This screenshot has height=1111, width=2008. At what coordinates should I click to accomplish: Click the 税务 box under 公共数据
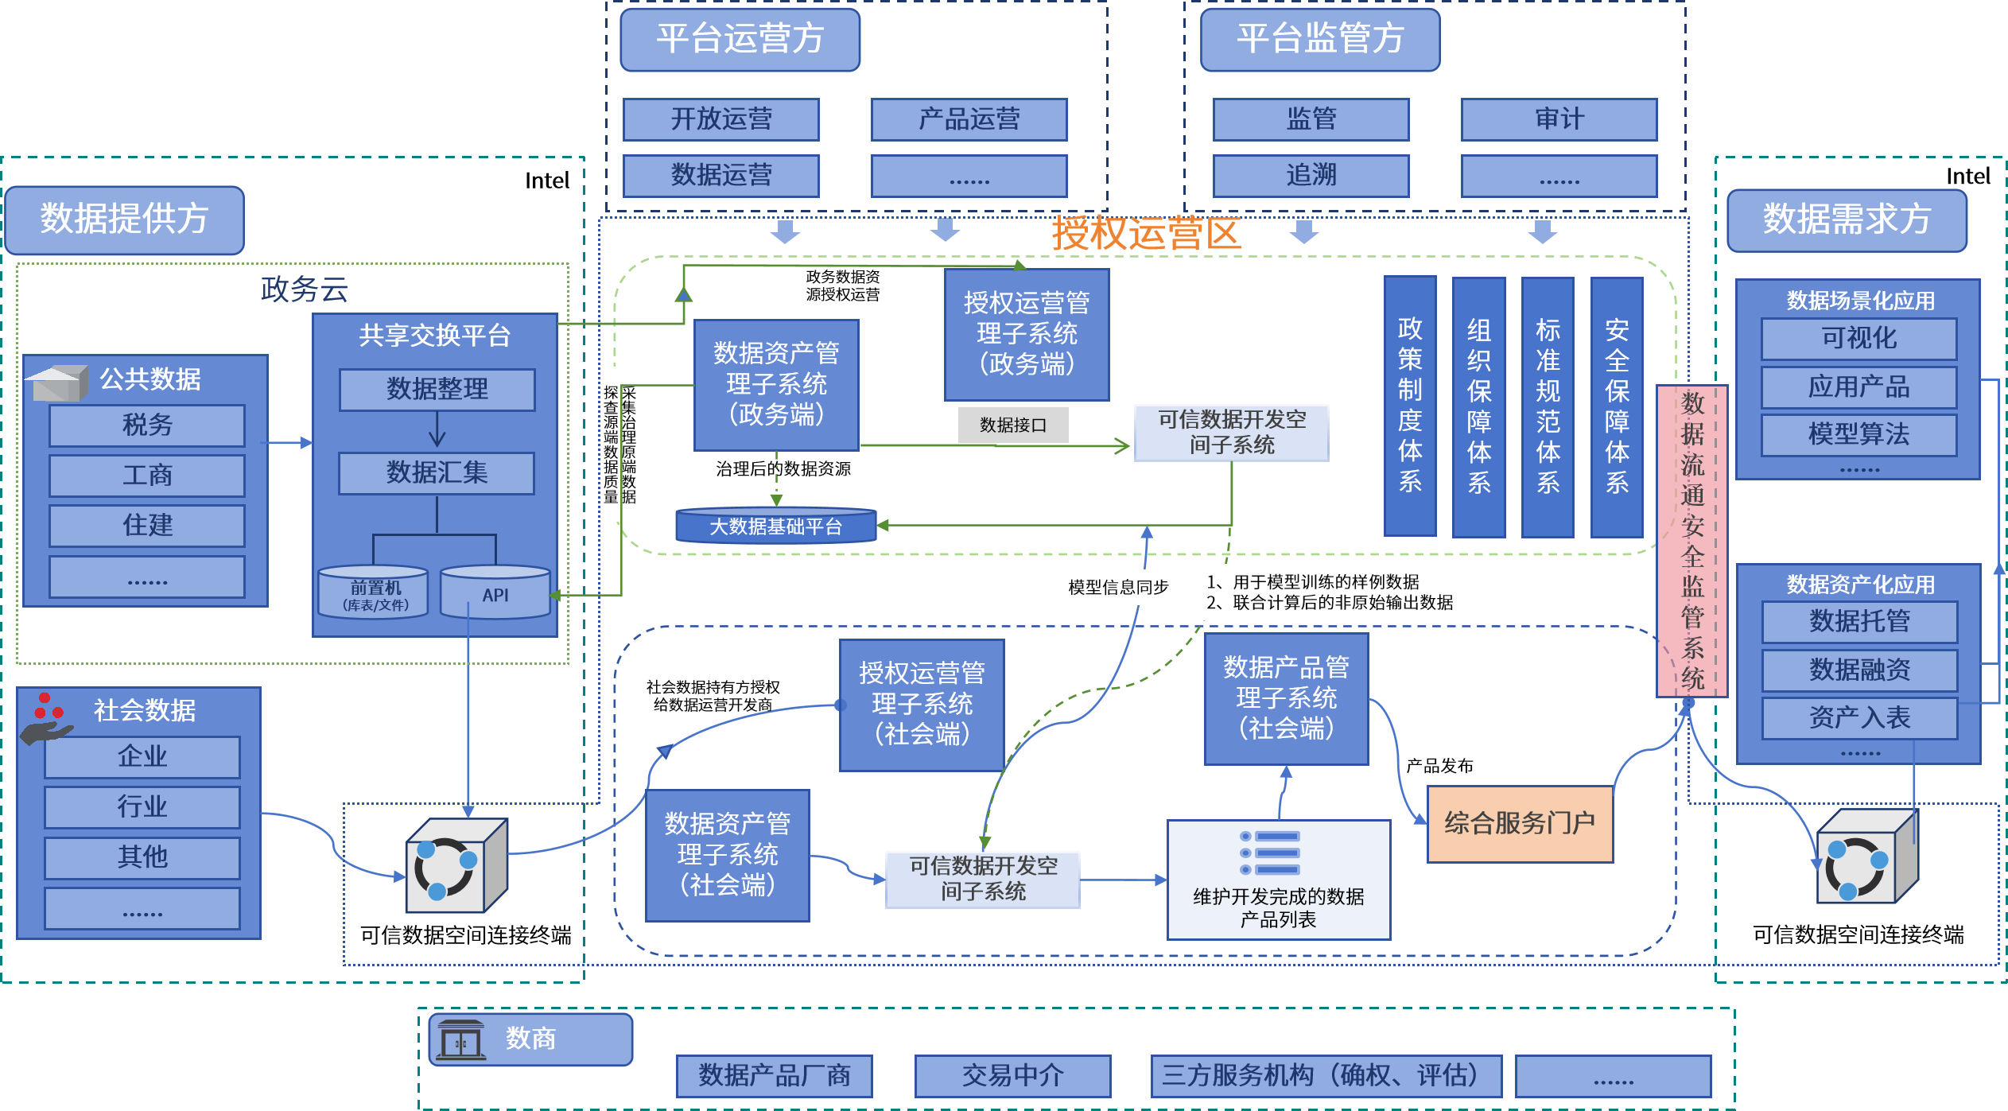(147, 425)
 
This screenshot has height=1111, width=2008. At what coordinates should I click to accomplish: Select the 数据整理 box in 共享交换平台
(437, 389)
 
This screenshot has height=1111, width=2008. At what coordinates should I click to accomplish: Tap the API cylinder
(495, 593)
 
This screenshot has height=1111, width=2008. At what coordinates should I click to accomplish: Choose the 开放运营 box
(720, 119)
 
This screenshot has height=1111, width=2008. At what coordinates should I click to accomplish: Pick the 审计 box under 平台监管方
(1559, 119)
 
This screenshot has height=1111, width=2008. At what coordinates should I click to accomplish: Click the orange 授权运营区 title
(1145, 234)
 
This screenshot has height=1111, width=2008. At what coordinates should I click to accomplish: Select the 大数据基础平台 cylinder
(775, 526)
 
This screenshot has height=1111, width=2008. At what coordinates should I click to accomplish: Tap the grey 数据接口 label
(1012, 425)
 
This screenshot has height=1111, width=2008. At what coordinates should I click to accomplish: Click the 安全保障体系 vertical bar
(1617, 406)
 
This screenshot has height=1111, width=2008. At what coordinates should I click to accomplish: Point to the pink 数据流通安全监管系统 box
(1692, 541)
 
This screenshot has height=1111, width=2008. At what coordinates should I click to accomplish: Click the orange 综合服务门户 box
(1520, 823)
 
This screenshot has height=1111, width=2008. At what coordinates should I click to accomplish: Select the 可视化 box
(1858, 339)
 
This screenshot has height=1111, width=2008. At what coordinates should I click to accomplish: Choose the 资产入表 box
(1858, 718)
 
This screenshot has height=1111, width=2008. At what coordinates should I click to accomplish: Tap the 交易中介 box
(1012, 1075)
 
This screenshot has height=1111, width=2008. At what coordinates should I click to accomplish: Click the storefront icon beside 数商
(461, 1039)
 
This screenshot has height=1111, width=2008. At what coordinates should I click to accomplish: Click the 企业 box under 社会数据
(142, 756)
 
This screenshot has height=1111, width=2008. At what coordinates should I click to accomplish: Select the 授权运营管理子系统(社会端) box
(922, 704)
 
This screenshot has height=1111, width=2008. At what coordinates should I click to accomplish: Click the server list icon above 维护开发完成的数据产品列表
(1270, 853)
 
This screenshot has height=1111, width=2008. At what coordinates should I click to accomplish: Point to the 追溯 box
(1311, 175)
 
